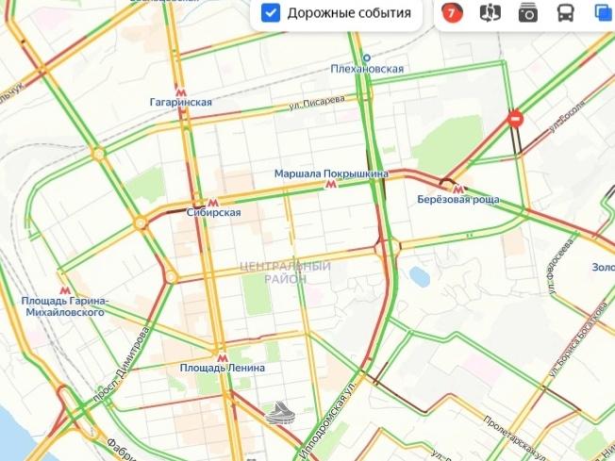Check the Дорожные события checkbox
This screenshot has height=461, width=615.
click(271, 13)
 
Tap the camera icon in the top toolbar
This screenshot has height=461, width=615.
click(527, 13)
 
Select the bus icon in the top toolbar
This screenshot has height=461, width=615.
click(565, 13)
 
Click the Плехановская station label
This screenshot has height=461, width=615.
click(368, 69)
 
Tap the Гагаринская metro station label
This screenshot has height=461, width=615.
click(180, 102)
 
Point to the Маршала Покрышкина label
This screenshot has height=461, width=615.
click(331, 173)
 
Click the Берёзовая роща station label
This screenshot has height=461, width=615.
click(458, 200)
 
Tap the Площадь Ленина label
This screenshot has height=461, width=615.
click(222, 367)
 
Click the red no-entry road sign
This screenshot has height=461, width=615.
click(515, 119)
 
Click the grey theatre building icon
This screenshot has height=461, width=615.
click(280, 412)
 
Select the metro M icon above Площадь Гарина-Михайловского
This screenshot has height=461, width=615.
click(65, 290)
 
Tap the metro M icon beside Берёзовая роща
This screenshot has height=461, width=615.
click(457, 188)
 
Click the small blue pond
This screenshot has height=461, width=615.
click(417, 275)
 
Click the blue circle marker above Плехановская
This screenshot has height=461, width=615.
click(367, 58)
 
